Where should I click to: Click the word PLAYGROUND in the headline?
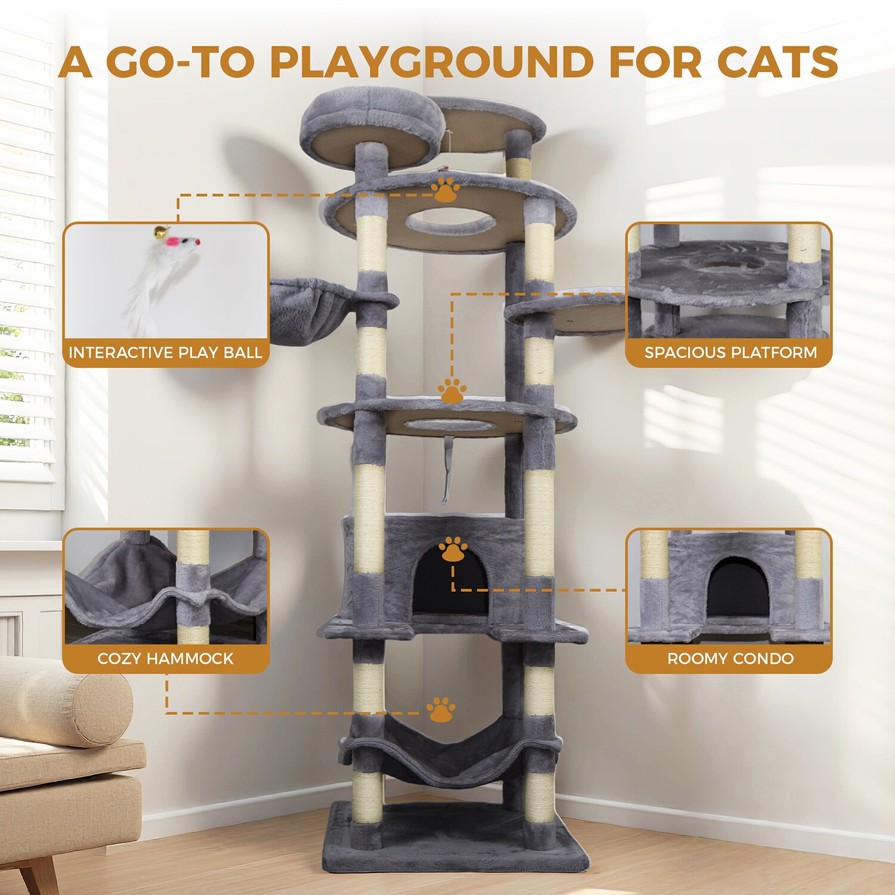(431, 61)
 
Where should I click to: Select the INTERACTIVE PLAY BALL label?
(165, 353)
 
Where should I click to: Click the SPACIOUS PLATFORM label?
(730, 353)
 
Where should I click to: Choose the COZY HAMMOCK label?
(165, 659)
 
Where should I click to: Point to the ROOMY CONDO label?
(730, 659)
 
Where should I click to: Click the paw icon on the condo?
(453, 550)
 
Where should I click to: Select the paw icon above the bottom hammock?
(441, 709)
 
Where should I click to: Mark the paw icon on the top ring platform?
(446, 189)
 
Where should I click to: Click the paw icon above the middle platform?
(452, 390)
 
